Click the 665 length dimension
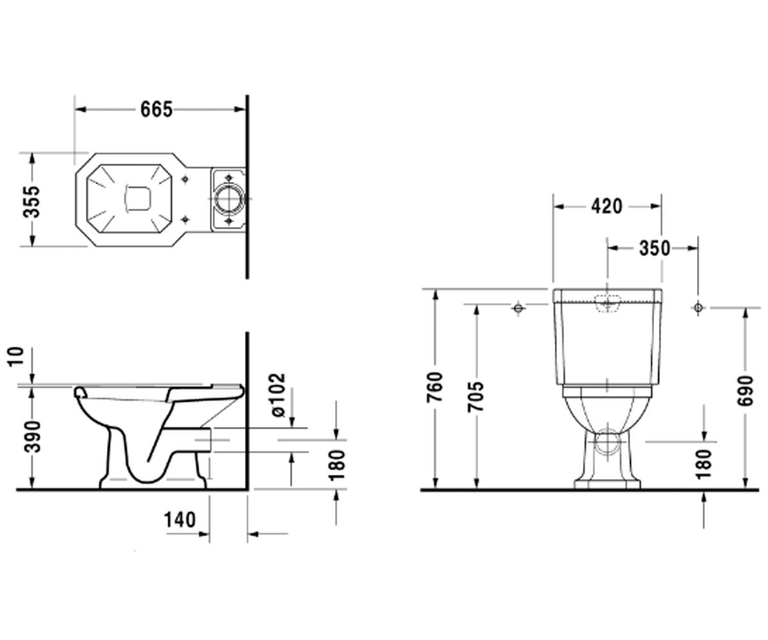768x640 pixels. (x=156, y=109)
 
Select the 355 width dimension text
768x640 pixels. (x=31, y=202)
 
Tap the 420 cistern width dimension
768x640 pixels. (x=607, y=206)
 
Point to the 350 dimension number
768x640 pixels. (x=655, y=248)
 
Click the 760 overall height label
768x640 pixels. (x=435, y=387)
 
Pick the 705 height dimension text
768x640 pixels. (x=476, y=397)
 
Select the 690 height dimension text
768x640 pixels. (x=746, y=391)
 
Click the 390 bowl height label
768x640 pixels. (x=32, y=437)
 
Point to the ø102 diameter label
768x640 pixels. (x=278, y=396)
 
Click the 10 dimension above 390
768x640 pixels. (x=16, y=356)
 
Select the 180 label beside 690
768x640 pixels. (x=703, y=464)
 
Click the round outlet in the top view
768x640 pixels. (x=229, y=198)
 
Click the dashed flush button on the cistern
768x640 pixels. (x=607, y=304)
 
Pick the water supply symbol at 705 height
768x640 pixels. (x=518, y=308)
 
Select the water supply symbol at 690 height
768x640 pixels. (x=698, y=307)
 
